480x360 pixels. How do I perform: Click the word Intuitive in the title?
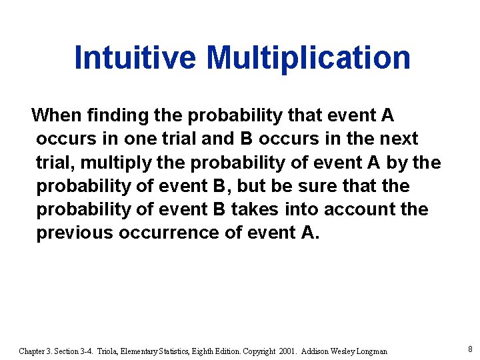(x=135, y=57)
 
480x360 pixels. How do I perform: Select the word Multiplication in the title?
(x=309, y=57)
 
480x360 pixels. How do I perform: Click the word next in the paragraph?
(x=397, y=139)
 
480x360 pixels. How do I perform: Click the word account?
(x=358, y=209)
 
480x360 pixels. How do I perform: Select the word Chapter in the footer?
(x=33, y=351)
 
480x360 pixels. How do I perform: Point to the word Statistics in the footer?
(x=156, y=351)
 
